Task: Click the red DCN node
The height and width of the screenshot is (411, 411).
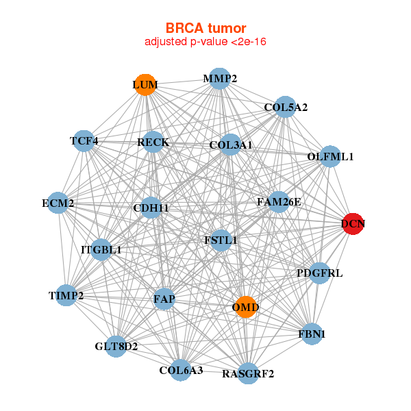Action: [x=353, y=224]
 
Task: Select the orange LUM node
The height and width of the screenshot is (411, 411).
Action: [x=145, y=85]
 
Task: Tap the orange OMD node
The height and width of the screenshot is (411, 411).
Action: [x=245, y=307]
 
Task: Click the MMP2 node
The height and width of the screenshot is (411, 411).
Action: [x=219, y=79]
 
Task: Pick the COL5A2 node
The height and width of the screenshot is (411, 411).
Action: [x=284, y=108]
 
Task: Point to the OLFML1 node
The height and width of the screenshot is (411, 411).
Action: [x=330, y=156]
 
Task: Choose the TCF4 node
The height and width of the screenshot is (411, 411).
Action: [x=84, y=141]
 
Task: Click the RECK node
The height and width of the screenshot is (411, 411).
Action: [x=153, y=142]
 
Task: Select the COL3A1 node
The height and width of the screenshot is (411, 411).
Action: [x=231, y=145]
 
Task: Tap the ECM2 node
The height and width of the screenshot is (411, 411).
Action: [x=58, y=203]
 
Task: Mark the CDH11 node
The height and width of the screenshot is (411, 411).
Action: [x=151, y=208]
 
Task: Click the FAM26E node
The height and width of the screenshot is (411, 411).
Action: [x=278, y=202]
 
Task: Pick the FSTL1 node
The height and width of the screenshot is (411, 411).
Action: [x=221, y=240]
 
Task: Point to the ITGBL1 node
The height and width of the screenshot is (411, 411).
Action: [x=101, y=249]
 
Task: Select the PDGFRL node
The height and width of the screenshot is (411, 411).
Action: [x=319, y=273]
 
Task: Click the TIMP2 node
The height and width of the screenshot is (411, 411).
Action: [x=66, y=295]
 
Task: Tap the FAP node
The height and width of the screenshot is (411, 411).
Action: [x=164, y=299]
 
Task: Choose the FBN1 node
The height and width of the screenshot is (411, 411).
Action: [x=312, y=334]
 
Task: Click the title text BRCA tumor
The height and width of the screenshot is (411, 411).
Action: [x=206, y=28]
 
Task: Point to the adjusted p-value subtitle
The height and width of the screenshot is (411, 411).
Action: [x=206, y=42]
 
